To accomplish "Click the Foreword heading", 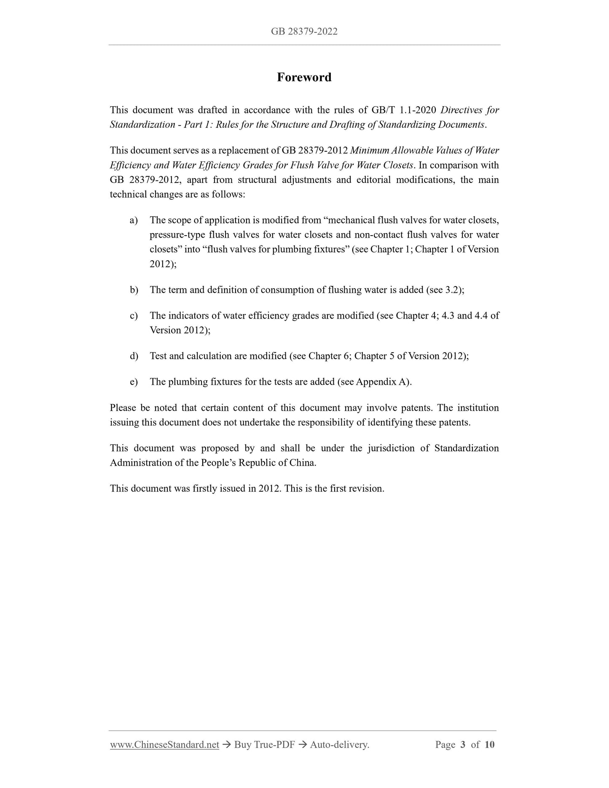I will click(304, 77).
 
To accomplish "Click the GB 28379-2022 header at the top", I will click(304, 32).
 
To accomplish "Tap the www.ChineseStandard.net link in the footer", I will click(164, 745).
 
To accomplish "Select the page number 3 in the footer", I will click(463, 745).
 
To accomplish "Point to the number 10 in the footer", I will click(489, 745).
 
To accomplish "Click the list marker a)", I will click(134, 220).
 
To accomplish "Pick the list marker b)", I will click(134, 290).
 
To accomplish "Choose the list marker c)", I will click(134, 316).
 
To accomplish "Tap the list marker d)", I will click(134, 356).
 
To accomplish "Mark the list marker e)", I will click(134, 382).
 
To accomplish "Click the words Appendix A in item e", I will click(382, 382).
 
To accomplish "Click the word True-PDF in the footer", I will click(274, 745).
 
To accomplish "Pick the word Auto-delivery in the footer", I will click(339, 745).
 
